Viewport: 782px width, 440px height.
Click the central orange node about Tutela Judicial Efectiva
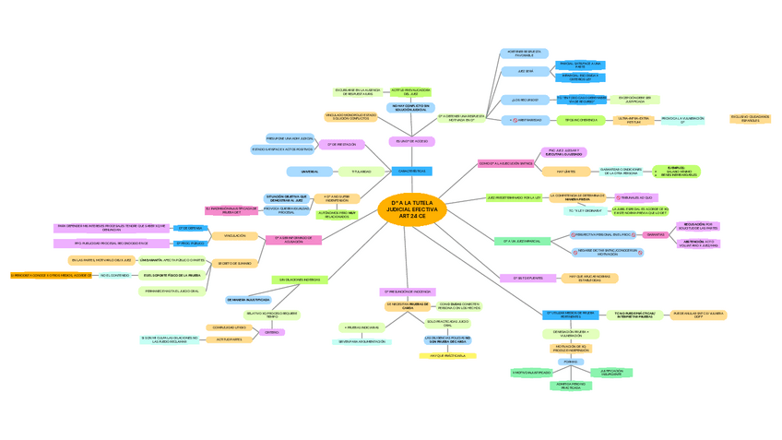click(x=412, y=209)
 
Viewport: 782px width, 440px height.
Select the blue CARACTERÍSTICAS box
click(x=411, y=172)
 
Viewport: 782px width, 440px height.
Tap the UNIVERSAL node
click(x=310, y=172)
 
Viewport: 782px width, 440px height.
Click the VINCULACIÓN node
click(x=235, y=235)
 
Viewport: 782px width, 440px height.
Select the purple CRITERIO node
click(x=272, y=332)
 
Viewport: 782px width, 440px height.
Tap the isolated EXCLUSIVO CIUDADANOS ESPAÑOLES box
click(x=750, y=119)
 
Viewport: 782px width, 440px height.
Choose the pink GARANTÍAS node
click(x=656, y=235)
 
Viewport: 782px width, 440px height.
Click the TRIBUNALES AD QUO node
click(x=634, y=197)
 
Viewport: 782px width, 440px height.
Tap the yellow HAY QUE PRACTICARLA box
click(x=447, y=355)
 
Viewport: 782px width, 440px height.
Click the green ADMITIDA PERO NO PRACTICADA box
click(x=571, y=386)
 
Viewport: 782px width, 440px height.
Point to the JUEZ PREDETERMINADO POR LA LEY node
click(x=514, y=197)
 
